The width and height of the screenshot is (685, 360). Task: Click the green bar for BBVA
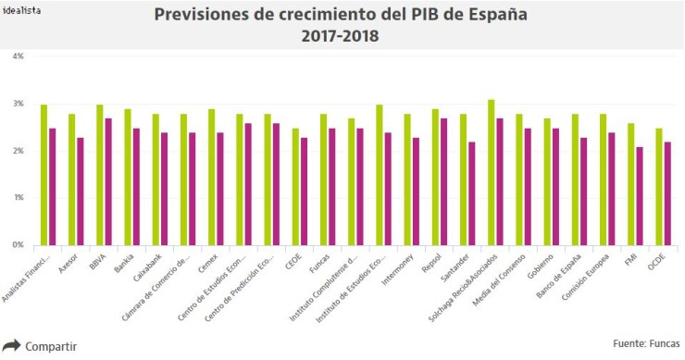100,175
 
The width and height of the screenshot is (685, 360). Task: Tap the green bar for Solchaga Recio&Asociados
492,172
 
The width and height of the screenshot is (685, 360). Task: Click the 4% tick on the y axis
18,56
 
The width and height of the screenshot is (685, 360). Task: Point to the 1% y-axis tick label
18,198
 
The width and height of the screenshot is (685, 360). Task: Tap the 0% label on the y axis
18,245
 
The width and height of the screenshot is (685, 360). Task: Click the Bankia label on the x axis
122,262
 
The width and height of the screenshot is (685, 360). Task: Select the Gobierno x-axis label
541,266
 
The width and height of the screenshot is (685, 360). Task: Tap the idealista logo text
23,11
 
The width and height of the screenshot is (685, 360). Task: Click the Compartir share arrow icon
11,346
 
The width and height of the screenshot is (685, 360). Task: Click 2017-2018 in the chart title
342,37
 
